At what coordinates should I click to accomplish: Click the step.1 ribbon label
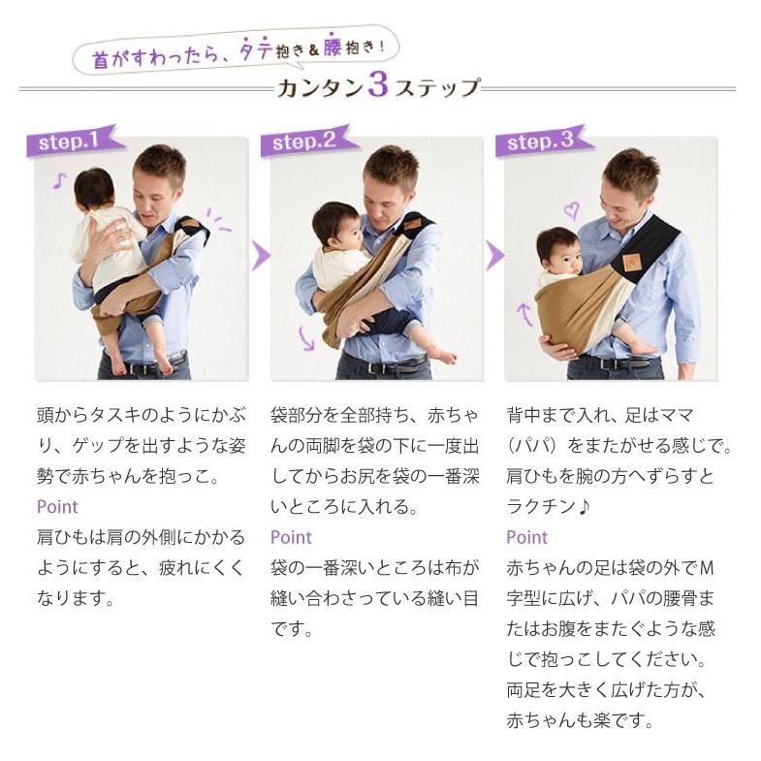[73, 141]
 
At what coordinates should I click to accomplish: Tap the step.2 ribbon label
[307, 141]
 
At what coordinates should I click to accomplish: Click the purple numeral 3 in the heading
[378, 85]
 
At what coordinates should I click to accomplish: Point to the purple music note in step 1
[59, 180]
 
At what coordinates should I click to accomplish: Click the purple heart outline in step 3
[572, 211]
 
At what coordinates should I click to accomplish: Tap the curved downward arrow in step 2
[305, 337]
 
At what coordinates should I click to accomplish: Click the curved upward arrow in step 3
[525, 314]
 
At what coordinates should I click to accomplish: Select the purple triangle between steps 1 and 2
[260, 255]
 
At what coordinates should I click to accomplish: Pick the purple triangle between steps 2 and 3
[494, 255]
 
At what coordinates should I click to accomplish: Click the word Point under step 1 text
[57, 507]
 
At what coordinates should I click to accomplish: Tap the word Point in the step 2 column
[291, 538]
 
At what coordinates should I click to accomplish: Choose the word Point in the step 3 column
[527, 538]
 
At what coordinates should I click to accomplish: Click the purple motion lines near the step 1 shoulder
[218, 219]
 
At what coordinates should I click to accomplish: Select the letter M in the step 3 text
[707, 568]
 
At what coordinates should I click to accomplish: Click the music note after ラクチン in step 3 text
[584, 507]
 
